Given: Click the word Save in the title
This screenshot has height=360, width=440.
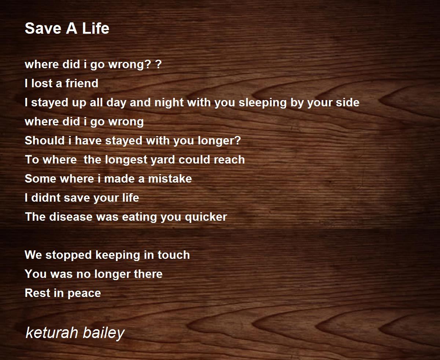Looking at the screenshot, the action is pyautogui.click(x=43, y=28).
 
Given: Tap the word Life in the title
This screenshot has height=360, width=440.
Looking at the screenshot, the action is pyautogui.click(x=96, y=28).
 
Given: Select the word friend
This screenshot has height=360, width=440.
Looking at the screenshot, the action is pyautogui.click(x=82, y=83).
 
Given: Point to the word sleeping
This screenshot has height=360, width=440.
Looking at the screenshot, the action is pyautogui.click(x=263, y=103).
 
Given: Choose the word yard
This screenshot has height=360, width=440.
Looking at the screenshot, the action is pyautogui.click(x=163, y=160).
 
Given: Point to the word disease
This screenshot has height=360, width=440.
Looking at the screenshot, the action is pyautogui.click(x=71, y=217).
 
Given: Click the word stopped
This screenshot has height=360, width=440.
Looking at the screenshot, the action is pyautogui.click(x=69, y=255).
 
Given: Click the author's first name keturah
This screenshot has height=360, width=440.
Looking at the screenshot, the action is pyautogui.click(x=52, y=333).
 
